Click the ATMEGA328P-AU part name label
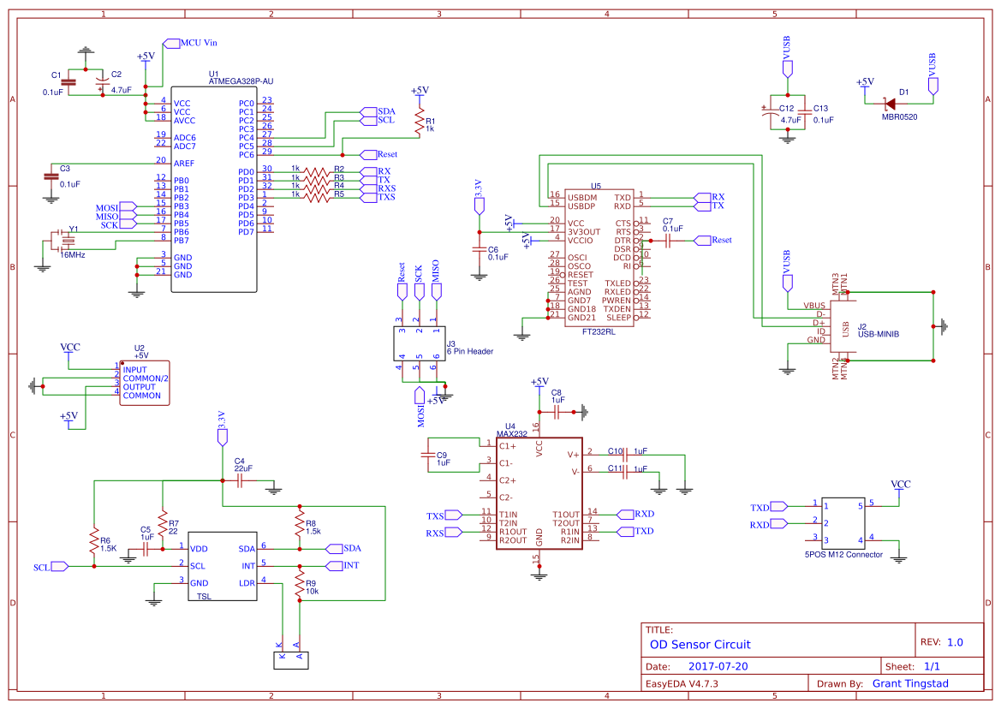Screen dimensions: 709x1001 pyautogui.click(x=241, y=81)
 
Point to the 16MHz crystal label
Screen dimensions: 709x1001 pyautogui.click(x=72, y=254)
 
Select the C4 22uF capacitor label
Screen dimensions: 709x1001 pyautogui.click(x=243, y=465)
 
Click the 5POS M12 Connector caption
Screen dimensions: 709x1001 pyautogui.click(x=843, y=555)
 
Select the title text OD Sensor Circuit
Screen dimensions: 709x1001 pyautogui.click(x=700, y=645)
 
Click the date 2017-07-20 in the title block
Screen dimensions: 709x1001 pyautogui.click(x=718, y=666)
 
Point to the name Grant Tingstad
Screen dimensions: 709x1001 pyautogui.click(x=911, y=683)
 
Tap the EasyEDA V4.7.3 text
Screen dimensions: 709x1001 pyautogui.click(x=682, y=683)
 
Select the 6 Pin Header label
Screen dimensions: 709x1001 pyautogui.click(x=469, y=351)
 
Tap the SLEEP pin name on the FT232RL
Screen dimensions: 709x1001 pyautogui.click(x=618, y=317)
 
